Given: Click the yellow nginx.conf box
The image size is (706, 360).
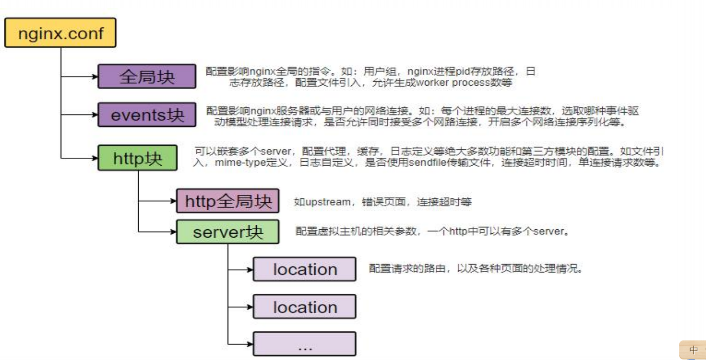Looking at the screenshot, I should click(60, 33).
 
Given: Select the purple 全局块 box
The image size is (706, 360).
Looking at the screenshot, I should click(147, 76).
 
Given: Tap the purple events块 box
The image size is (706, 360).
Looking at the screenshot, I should click(147, 115).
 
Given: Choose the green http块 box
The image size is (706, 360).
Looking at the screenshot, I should click(138, 158).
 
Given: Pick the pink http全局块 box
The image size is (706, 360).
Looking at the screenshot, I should click(228, 201).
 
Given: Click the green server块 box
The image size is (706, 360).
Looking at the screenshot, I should click(228, 232).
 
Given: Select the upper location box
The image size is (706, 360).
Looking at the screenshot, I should click(305, 269).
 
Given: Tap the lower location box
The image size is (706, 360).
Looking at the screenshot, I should click(305, 307).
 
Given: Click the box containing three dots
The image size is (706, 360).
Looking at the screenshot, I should click(305, 344).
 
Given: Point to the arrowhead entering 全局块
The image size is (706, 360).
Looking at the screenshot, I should click(95, 76).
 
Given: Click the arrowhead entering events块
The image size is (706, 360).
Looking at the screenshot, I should click(95, 115).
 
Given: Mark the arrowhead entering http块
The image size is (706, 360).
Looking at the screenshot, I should click(95, 158).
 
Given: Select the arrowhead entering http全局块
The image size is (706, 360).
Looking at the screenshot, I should click(174, 201).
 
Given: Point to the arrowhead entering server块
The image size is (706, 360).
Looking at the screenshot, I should click(174, 232).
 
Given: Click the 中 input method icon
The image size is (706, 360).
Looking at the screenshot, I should click(693, 350).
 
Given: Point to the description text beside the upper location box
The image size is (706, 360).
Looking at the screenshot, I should click(475, 269).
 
